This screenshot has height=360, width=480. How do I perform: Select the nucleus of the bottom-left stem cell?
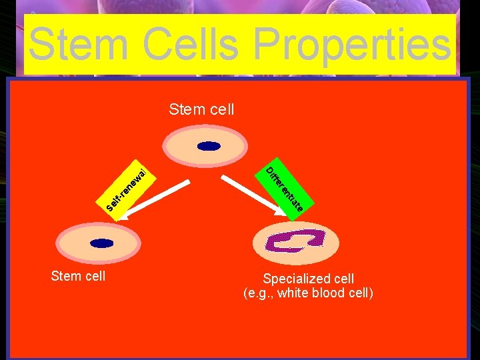pos(102,245)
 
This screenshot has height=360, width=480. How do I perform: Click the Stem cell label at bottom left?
pos(78,275)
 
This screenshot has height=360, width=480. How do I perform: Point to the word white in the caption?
pos(295,293)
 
